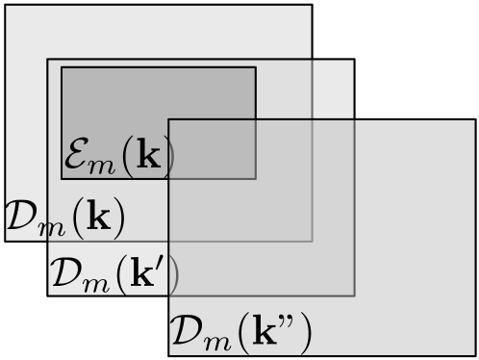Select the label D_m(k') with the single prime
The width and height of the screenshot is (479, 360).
click(114, 276)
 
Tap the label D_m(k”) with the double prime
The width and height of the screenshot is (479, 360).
click(240, 333)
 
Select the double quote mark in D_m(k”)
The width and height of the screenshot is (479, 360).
click(290, 323)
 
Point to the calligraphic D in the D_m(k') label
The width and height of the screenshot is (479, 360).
click(64, 275)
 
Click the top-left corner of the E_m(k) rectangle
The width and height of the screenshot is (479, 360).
click(62, 67)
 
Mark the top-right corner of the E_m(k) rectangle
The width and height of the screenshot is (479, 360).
click(256, 67)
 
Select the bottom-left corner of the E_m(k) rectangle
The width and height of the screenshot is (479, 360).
click(62, 178)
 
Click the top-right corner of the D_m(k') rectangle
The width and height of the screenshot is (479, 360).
click(354, 61)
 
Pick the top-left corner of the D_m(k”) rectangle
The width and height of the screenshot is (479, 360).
click(169, 119)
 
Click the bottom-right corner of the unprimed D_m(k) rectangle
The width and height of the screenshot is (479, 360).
click(312, 241)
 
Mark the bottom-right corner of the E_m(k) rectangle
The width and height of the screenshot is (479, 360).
click(256, 178)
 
